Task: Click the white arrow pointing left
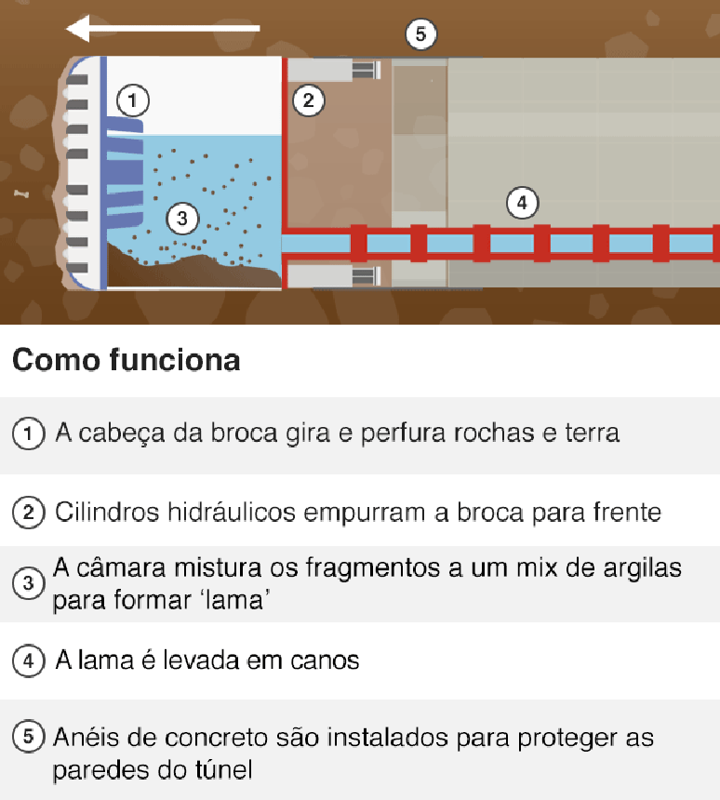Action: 163,29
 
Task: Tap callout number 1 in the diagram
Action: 133,99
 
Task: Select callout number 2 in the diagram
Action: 308,100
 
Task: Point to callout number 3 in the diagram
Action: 182,219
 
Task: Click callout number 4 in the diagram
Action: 522,201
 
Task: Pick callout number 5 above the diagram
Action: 420,35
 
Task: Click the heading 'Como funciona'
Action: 126,360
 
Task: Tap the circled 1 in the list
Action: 28,433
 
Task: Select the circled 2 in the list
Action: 28,512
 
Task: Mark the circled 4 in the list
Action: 28,660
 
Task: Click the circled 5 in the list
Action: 28,738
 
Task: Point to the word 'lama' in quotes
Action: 239,601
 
